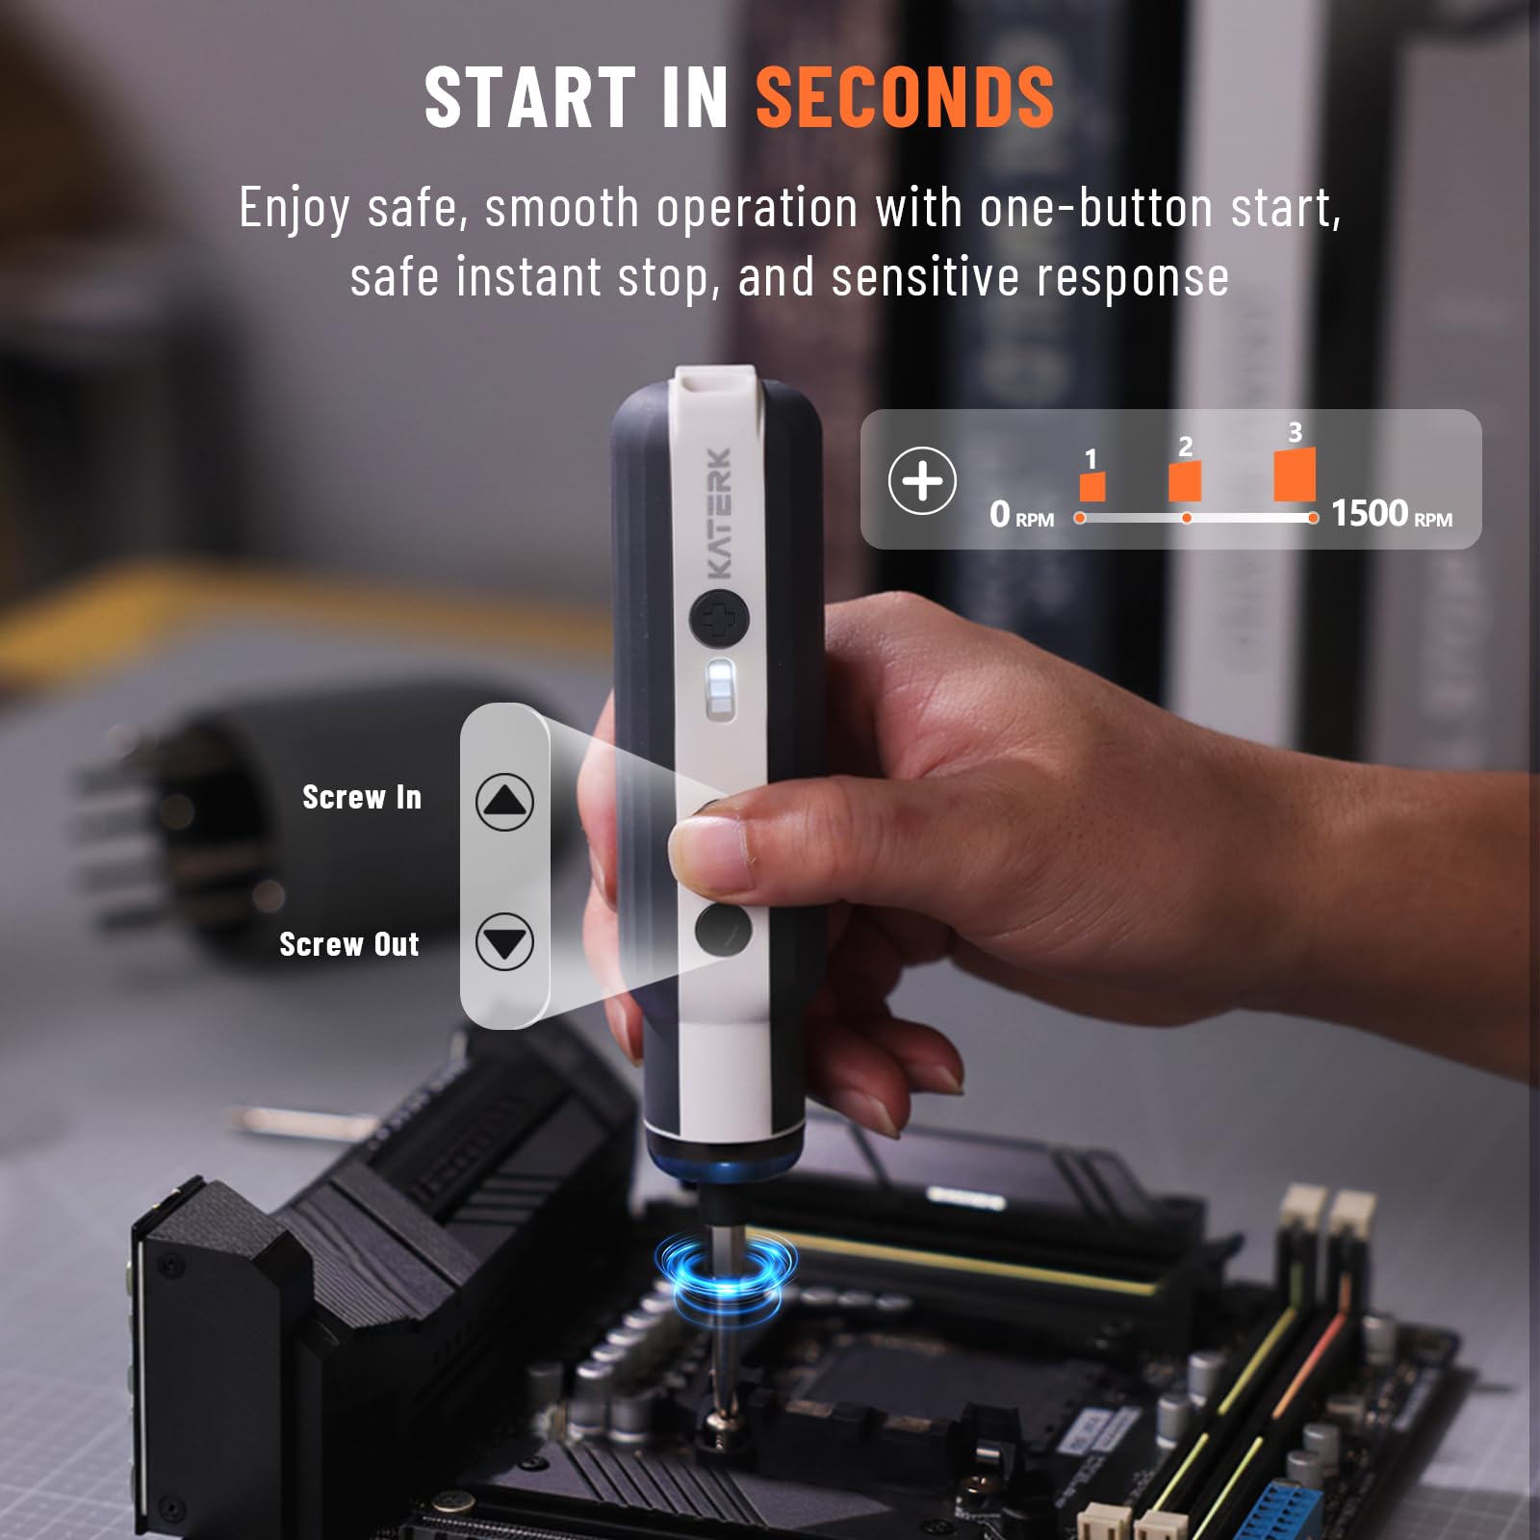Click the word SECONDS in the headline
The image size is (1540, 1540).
905,98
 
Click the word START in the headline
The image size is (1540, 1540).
531,98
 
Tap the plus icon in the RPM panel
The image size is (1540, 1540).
921,480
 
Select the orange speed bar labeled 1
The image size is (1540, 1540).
1091,486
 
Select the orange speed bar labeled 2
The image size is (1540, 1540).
1185,480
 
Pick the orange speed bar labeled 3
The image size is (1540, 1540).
1295,474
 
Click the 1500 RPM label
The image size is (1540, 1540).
1391,514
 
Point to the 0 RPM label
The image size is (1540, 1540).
1021,515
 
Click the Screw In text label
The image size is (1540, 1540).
362,797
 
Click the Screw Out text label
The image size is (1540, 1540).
348,944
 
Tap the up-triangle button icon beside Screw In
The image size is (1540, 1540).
504,802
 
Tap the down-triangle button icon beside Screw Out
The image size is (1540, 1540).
504,941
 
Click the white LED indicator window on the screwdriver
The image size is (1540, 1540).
719,687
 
